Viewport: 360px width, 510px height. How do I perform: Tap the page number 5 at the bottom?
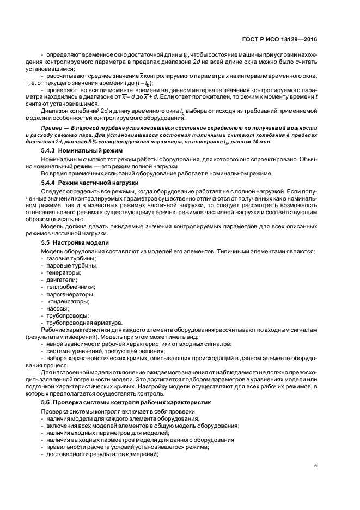[316, 465]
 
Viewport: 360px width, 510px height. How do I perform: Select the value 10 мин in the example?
[253, 141]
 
